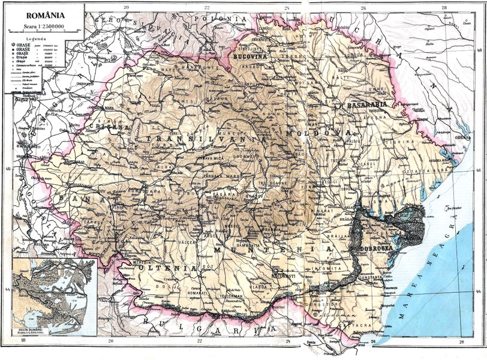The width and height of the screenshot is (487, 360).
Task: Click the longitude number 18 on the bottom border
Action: click(x=22, y=341)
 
